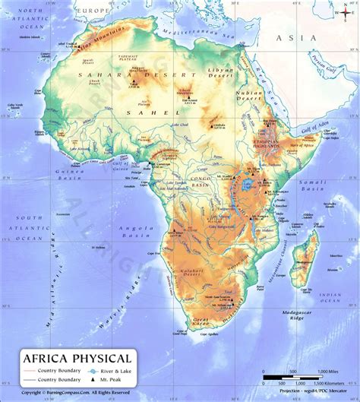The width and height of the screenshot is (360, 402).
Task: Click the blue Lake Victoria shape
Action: coord(246,185)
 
